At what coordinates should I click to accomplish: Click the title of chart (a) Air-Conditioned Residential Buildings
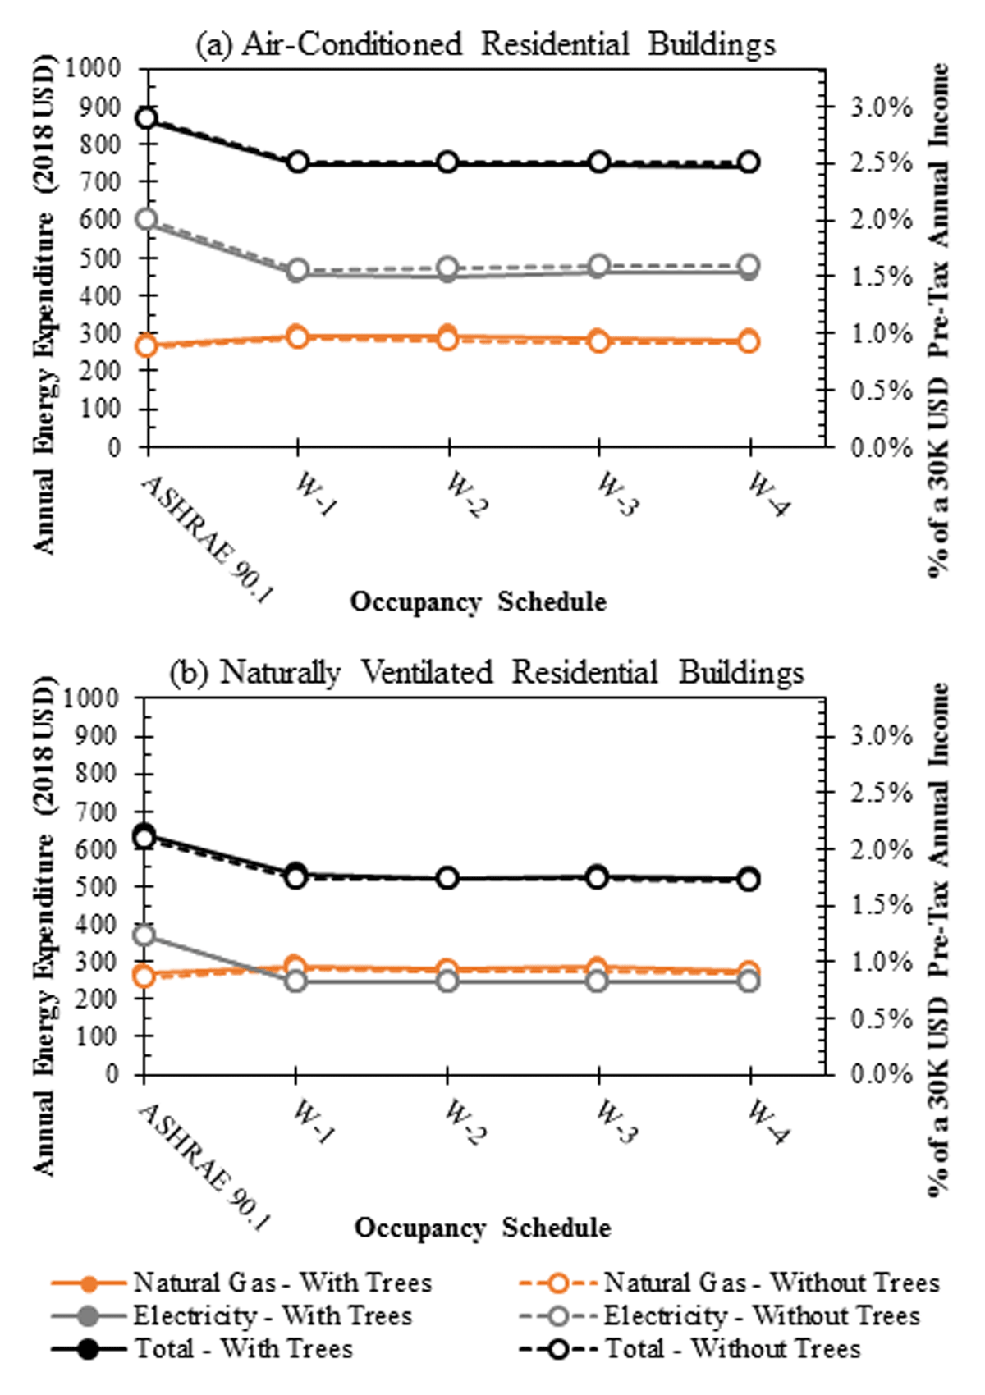click(x=485, y=44)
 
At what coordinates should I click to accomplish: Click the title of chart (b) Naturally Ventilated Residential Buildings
click(x=487, y=673)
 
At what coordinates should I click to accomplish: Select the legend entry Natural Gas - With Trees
click(x=282, y=1283)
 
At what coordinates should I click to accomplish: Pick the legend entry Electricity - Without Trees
click(x=761, y=1316)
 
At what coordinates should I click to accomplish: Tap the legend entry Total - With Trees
click(x=243, y=1349)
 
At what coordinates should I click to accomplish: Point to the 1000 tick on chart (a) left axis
click(x=92, y=68)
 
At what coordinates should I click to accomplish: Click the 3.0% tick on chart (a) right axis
click(x=881, y=107)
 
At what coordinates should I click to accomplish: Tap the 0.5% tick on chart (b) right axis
click(x=881, y=1018)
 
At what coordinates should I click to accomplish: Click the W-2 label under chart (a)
click(x=465, y=495)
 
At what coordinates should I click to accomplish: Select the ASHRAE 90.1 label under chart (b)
click(x=204, y=1166)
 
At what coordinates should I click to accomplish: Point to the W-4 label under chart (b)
click(x=767, y=1123)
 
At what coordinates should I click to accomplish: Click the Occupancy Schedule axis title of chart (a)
click(x=479, y=601)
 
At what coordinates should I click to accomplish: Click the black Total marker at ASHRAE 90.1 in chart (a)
click(x=147, y=118)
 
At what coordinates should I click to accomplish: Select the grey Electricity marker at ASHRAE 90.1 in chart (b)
click(x=144, y=935)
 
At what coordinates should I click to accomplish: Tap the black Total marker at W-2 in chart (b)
click(x=447, y=879)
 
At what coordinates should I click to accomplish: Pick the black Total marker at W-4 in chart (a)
click(x=749, y=162)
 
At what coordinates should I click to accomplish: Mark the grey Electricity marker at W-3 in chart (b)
click(x=598, y=981)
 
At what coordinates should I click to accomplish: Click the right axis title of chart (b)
click(x=938, y=940)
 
